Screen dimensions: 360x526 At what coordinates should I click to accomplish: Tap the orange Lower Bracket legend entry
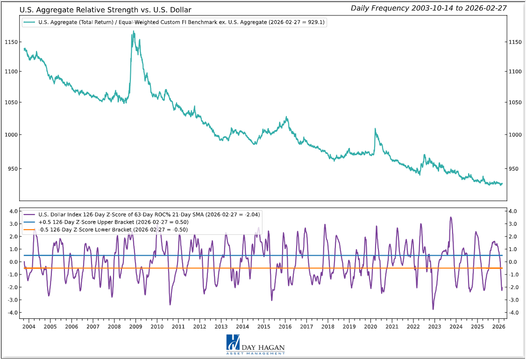106,229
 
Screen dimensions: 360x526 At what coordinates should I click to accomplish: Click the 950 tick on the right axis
514,169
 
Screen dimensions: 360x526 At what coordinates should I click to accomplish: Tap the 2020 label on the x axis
370,326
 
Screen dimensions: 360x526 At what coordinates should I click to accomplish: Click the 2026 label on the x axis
499,326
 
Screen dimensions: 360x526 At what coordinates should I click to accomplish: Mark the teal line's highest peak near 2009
134,31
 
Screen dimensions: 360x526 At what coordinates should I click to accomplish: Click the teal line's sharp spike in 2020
375,129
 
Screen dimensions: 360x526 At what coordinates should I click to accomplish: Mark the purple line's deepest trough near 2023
433,309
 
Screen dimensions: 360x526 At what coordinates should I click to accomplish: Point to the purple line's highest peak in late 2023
451,217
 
